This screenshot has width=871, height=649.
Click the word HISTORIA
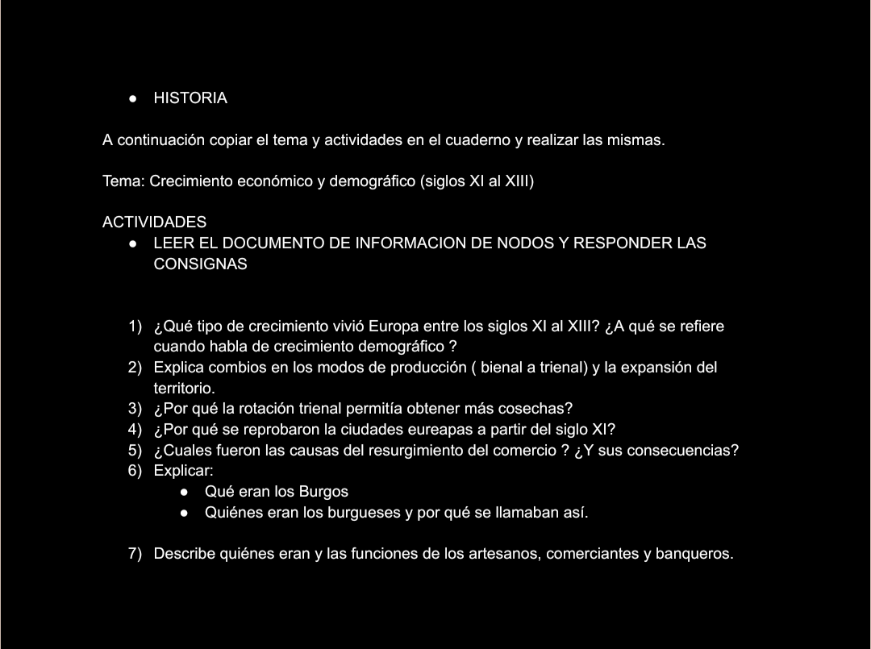(190, 98)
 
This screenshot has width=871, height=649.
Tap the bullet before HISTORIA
(132, 98)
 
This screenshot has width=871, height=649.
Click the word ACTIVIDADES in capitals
(154, 222)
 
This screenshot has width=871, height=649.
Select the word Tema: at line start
(123, 181)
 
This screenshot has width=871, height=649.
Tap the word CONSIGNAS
(200, 264)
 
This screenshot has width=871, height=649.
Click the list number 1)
(135, 327)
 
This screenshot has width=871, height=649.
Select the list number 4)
(135, 429)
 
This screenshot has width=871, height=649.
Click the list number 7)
(135, 554)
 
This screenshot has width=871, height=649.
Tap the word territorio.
(184, 388)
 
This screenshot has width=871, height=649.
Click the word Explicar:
(183, 470)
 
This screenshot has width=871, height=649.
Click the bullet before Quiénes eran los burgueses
(185, 512)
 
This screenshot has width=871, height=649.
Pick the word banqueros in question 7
(696, 554)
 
